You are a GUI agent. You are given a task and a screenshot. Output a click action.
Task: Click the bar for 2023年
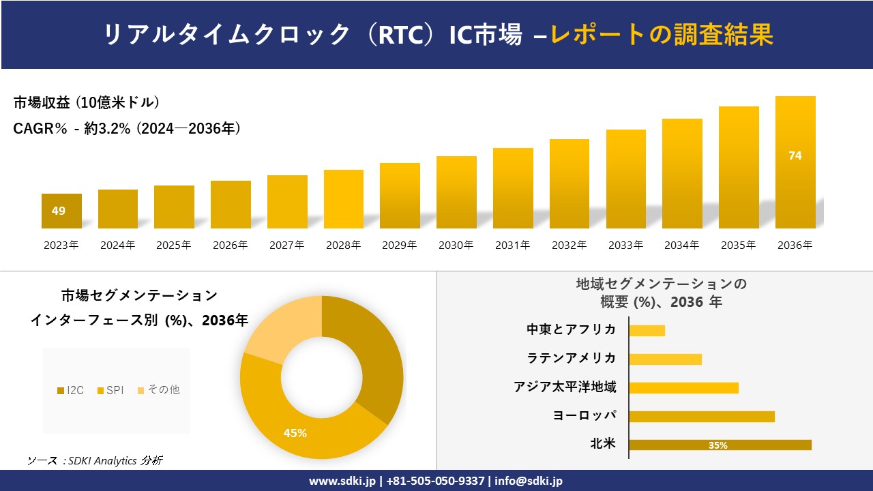61,211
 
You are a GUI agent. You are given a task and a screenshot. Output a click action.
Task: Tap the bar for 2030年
456,192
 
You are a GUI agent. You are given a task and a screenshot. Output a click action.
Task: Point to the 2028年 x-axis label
343,245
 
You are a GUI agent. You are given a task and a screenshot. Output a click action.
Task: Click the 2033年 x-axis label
625,245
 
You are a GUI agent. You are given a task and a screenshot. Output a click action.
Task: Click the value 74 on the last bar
795,155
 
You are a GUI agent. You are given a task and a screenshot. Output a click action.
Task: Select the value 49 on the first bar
59,211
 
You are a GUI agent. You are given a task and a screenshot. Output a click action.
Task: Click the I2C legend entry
71,390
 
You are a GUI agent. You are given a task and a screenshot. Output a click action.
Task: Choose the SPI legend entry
110,390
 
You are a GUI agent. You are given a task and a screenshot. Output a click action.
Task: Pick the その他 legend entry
159,390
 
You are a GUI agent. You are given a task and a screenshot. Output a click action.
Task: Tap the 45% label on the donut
295,433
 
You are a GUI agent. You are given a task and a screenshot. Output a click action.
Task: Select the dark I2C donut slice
372,355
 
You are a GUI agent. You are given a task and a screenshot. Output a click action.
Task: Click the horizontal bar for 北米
720,445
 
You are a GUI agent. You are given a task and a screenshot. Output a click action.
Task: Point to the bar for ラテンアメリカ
665,359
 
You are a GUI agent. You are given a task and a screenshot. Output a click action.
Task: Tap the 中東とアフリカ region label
572,329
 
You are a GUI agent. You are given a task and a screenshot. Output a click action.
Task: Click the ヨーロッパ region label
585,415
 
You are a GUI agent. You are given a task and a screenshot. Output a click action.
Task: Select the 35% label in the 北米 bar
718,445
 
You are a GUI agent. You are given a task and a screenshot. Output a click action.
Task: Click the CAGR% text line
127,128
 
